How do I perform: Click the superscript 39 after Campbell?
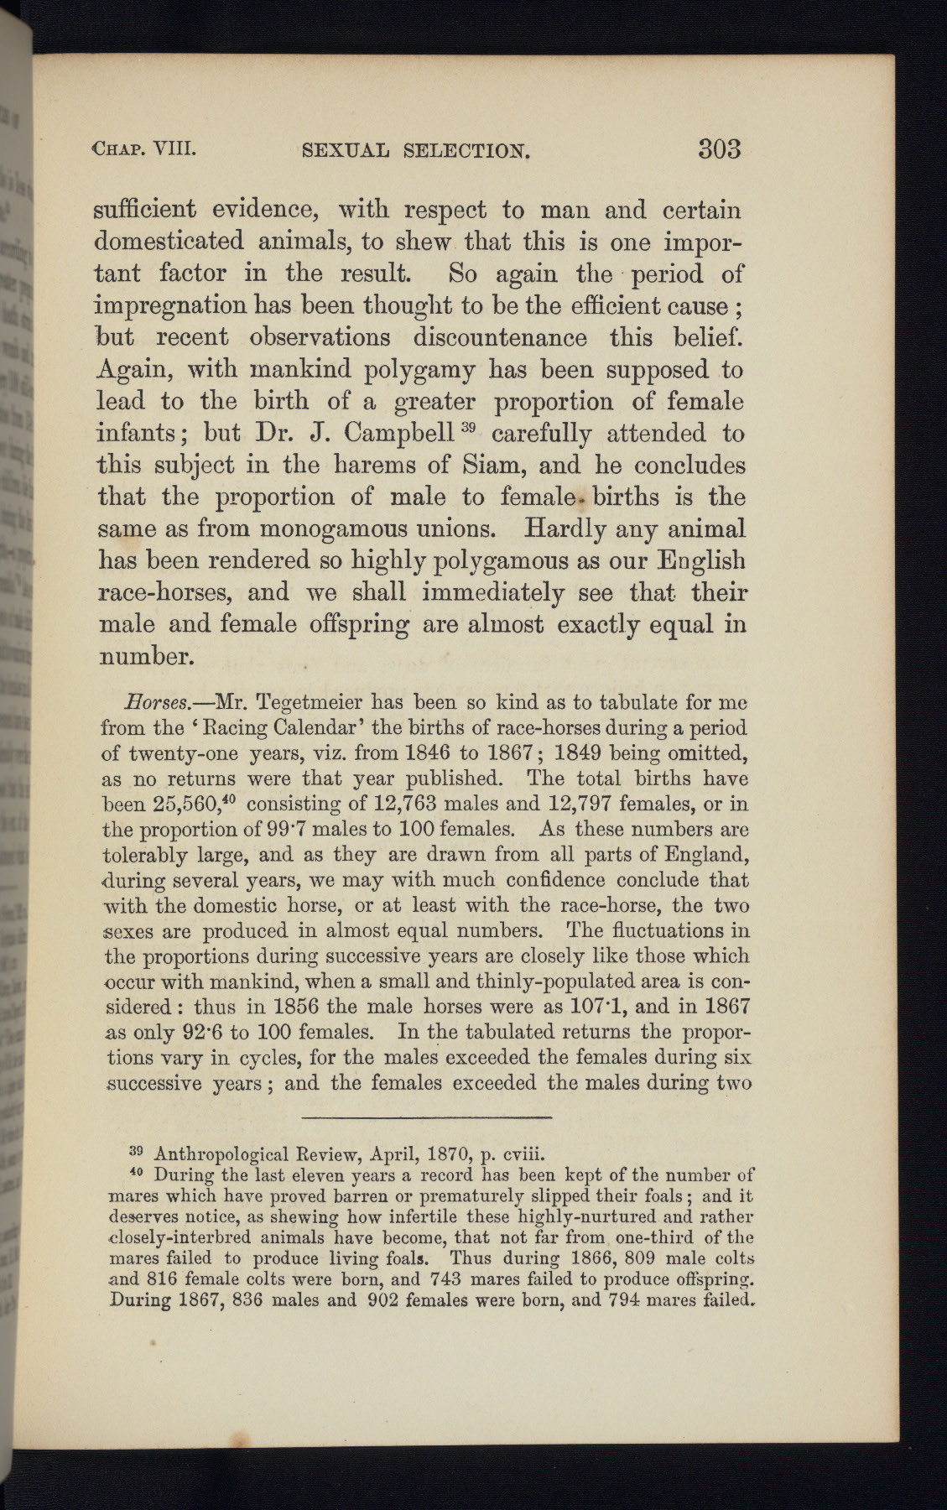tap(468, 428)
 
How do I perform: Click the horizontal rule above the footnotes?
tap(426, 1117)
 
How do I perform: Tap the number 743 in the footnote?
tap(447, 1280)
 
